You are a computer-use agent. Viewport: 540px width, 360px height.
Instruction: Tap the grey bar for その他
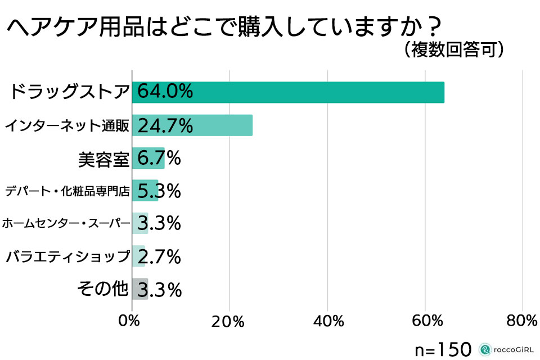pos(140,289)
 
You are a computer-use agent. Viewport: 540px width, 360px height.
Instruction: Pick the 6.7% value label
pos(159,158)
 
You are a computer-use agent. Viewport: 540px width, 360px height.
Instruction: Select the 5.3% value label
pos(159,191)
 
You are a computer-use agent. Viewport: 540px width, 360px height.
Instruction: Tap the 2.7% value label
pos(159,256)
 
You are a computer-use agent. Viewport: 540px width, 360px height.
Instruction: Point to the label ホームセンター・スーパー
pos(66,224)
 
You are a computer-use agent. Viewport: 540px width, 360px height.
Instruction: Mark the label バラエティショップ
pos(67,257)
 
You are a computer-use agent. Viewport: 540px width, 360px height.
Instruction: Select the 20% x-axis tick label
pos(228,321)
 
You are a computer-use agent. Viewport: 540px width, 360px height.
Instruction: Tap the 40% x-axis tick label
pos(327,321)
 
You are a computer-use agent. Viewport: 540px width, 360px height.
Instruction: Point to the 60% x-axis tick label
pos(425,321)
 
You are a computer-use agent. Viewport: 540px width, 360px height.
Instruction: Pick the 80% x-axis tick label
pos(523,321)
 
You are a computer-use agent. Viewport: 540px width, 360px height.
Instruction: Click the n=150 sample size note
pos(443,349)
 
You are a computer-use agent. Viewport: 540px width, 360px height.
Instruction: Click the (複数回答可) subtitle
pos(453,49)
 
